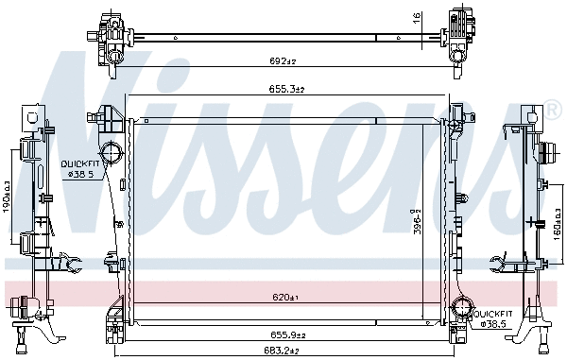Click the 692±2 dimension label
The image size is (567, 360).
coord(283,61)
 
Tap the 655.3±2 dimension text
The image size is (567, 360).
coord(283,88)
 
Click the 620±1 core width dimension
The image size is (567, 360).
coord(285,298)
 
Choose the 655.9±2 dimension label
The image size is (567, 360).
coord(283,334)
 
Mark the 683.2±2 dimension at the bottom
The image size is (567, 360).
coord(283,352)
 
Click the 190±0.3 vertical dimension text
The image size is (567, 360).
coord(7,195)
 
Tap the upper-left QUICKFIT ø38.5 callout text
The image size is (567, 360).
coord(79,168)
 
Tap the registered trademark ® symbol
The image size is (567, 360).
coord(554,111)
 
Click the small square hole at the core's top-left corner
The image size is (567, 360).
coord(146,120)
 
